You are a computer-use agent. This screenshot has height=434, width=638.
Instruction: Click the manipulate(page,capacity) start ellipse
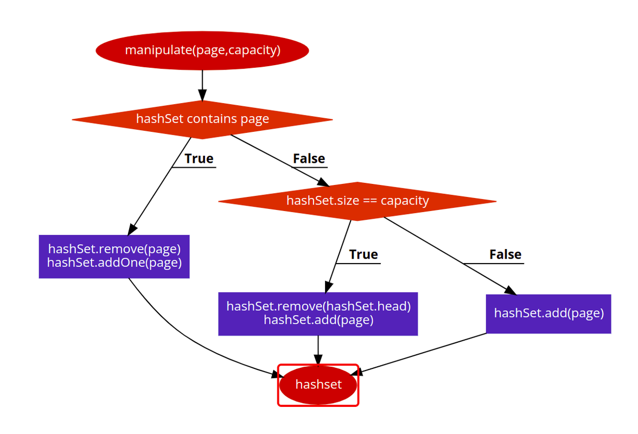(x=202, y=50)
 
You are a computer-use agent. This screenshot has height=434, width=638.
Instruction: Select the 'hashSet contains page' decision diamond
(x=202, y=119)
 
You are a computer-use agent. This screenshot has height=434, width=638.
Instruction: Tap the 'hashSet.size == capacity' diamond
(x=357, y=201)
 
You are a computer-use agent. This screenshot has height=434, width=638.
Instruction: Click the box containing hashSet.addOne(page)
(x=114, y=257)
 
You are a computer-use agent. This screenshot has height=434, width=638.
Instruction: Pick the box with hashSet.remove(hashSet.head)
(x=318, y=314)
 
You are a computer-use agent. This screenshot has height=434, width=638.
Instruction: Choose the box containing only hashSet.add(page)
(x=548, y=314)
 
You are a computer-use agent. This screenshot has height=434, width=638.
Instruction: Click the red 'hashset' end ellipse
(x=318, y=385)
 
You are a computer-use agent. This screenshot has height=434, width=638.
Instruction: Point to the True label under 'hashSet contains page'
(x=199, y=159)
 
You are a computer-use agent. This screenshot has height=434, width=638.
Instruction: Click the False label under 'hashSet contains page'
(x=309, y=159)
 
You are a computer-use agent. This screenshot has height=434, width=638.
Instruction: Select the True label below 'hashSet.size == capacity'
(x=363, y=255)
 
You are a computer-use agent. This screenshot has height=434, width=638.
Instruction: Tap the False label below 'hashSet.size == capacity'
(x=505, y=255)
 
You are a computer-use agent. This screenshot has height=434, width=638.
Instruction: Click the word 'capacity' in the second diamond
(x=405, y=201)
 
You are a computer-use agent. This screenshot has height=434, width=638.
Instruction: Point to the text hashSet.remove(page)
(x=114, y=249)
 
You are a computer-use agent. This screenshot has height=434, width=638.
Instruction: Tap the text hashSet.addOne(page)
(x=114, y=263)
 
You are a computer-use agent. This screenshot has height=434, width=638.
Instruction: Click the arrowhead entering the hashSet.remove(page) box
(x=132, y=228)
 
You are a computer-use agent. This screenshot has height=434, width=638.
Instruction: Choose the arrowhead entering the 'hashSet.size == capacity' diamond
(x=323, y=181)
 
